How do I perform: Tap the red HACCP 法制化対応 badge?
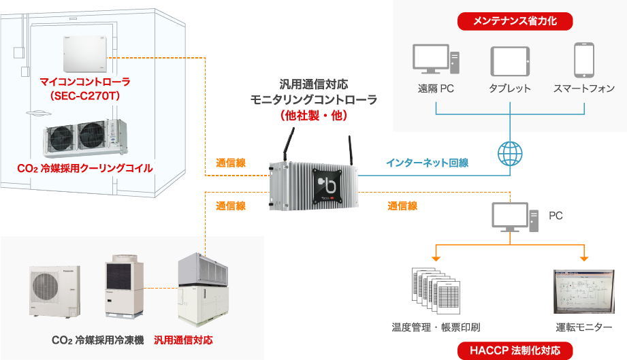coord(516,351)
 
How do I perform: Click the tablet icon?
coord(510,61)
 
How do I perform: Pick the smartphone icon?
coord(584,61)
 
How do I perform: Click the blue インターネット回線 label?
coord(427,163)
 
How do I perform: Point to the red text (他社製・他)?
coord(314,116)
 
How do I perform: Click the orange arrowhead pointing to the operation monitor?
coord(584,258)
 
